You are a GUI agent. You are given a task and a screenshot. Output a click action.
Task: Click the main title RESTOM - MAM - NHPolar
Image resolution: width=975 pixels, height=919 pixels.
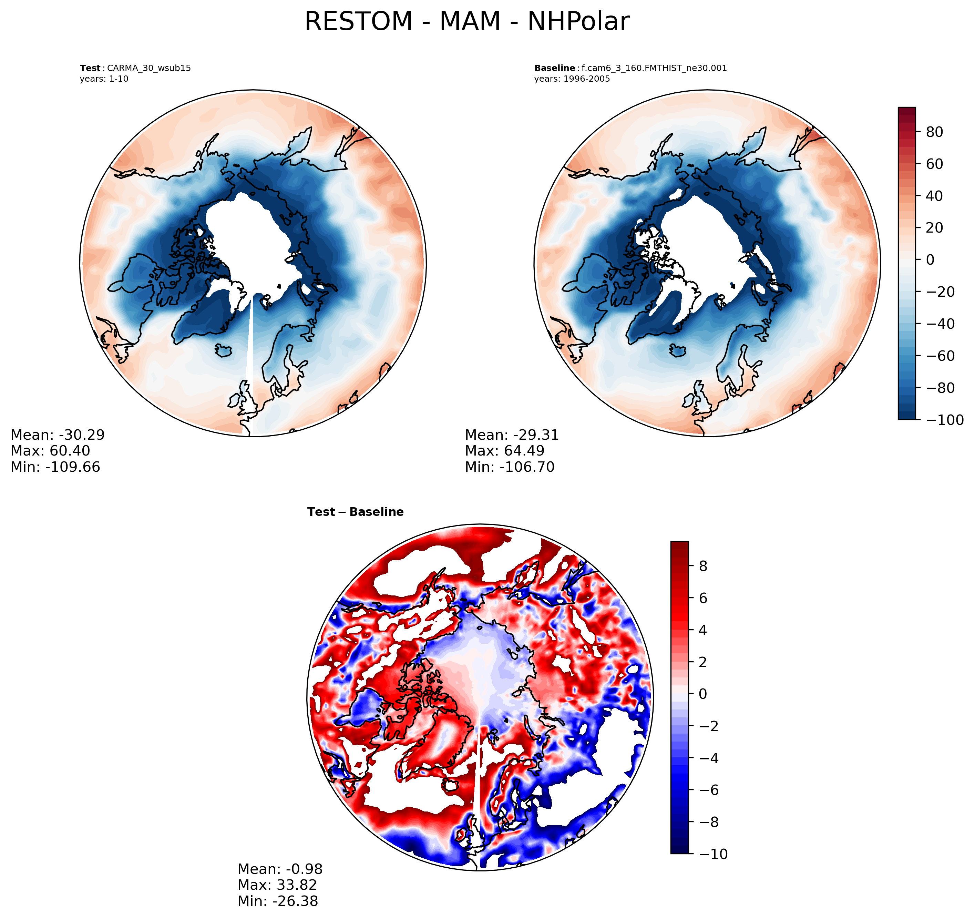[x=466, y=22]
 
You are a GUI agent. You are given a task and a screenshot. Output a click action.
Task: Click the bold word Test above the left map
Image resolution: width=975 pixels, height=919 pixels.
[x=90, y=68]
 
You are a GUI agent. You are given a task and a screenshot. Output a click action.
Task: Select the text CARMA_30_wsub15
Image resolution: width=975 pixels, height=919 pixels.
[x=148, y=68]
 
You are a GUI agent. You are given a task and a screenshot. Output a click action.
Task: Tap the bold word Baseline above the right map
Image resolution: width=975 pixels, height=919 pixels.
[x=554, y=68]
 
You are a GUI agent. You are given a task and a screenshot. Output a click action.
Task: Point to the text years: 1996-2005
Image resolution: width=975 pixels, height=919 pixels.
[x=572, y=79]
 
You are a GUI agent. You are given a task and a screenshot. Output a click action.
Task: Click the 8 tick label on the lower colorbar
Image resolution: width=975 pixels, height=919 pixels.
[x=702, y=566]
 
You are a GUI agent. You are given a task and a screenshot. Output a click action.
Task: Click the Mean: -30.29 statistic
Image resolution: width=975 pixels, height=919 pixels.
[x=58, y=435]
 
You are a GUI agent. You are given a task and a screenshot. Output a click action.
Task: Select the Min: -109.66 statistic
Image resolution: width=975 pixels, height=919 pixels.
[x=55, y=467]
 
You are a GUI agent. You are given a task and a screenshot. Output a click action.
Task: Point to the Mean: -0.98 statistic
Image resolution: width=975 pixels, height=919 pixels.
[x=280, y=869]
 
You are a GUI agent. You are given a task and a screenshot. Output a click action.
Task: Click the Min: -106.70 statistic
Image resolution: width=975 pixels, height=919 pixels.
[x=510, y=467]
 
